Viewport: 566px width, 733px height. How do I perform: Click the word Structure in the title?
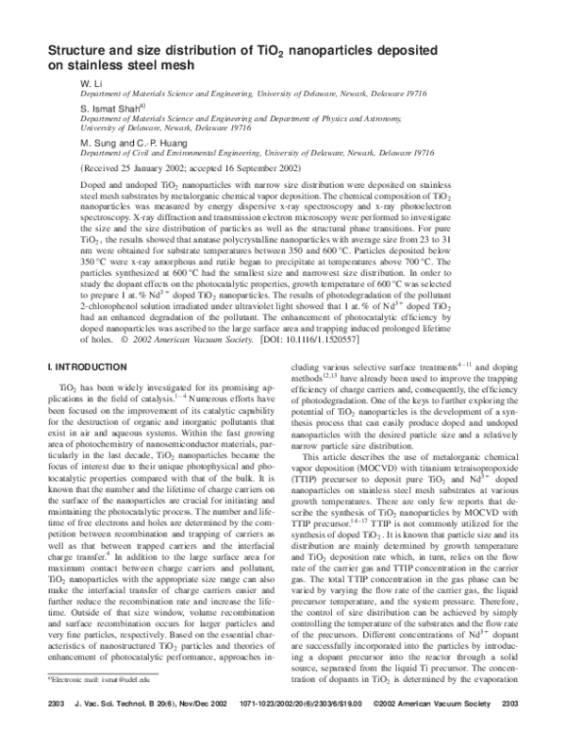coord(81,50)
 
